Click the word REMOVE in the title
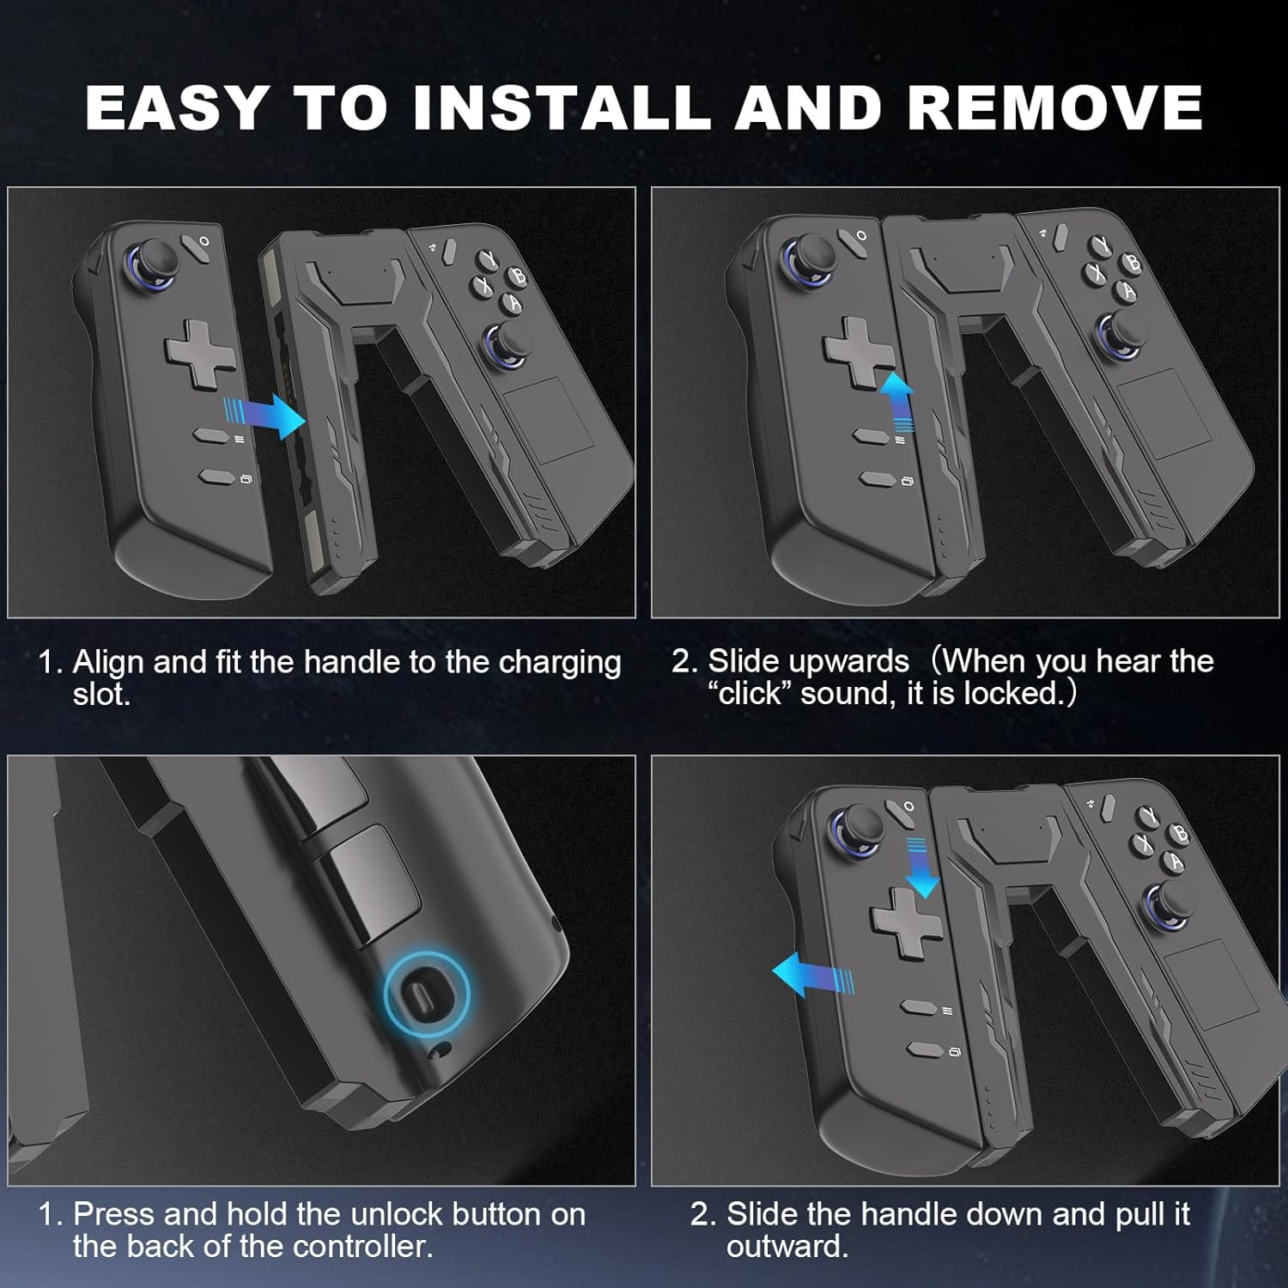(1054, 107)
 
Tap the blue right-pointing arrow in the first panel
(264, 416)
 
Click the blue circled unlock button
(427, 994)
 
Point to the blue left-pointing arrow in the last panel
(812, 975)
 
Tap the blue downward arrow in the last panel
(923, 867)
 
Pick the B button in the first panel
(519, 275)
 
